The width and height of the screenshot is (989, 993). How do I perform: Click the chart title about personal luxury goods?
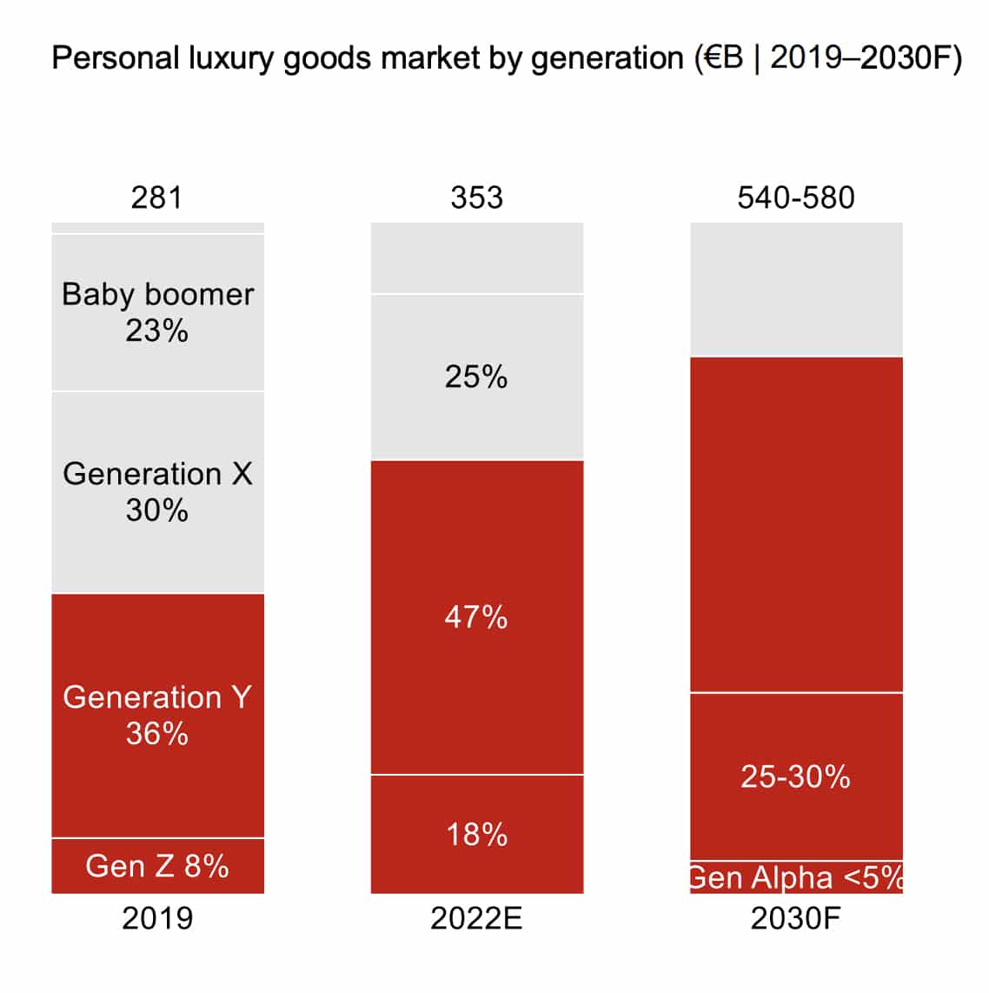507,59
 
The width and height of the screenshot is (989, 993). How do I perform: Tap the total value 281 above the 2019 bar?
156,197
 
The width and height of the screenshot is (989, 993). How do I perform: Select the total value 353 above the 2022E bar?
476,197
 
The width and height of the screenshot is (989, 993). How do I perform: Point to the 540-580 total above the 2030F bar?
795,197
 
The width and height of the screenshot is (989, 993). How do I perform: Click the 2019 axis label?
157,918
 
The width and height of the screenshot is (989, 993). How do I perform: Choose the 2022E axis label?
476,918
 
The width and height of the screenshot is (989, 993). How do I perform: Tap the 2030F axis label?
795,918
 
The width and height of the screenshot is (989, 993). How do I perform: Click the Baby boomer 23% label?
157,312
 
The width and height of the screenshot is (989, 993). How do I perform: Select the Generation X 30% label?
157,491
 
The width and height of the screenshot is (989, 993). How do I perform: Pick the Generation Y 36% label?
157,715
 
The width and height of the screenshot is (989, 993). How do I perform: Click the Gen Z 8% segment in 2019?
157,866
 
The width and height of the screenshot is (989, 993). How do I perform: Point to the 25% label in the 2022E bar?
476,377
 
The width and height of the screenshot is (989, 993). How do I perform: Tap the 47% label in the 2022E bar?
476,617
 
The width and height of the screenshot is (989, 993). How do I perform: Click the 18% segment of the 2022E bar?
476,835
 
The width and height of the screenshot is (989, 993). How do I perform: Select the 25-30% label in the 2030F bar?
795,776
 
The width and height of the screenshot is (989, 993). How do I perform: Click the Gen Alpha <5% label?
795,877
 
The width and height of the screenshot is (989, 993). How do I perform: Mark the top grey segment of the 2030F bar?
795,289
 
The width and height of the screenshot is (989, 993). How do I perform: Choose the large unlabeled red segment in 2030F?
795,524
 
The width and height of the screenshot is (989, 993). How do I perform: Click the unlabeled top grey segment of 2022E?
476,257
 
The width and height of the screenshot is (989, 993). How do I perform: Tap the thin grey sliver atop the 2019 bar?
157,228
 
